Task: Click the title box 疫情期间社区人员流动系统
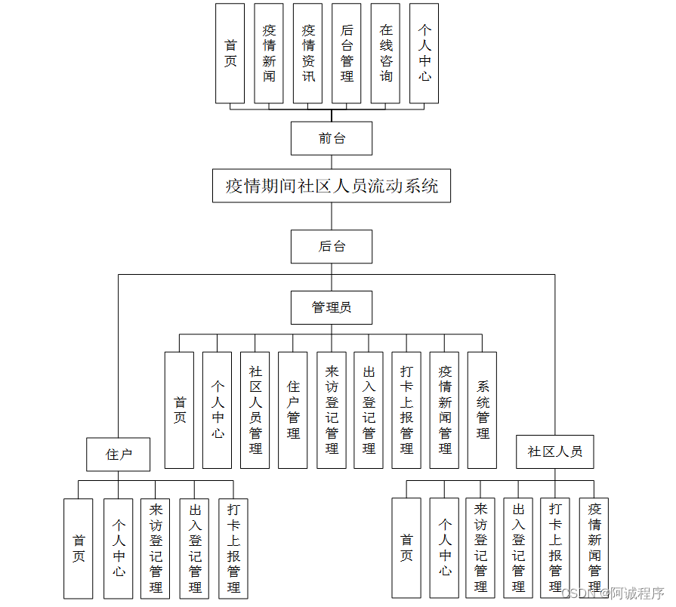click(331, 186)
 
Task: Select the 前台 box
click(331, 138)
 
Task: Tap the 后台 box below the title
click(331, 246)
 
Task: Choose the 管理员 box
click(331, 307)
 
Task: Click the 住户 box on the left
click(118, 454)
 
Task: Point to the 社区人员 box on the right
click(554, 451)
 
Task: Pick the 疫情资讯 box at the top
click(307, 53)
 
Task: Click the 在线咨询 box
click(385, 53)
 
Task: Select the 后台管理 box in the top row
click(346, 53)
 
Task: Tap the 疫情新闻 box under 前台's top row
click(269, 53)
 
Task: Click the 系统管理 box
click(482, 410)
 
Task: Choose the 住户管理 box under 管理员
click(292, 410)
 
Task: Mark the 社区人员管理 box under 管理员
click(255, 410)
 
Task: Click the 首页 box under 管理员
click(179, 410)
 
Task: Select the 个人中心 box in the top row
click(424, 53)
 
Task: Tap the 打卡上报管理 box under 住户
click(233, 548)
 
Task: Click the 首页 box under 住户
click(79, 548)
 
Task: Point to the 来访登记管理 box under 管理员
click(331, 410)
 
